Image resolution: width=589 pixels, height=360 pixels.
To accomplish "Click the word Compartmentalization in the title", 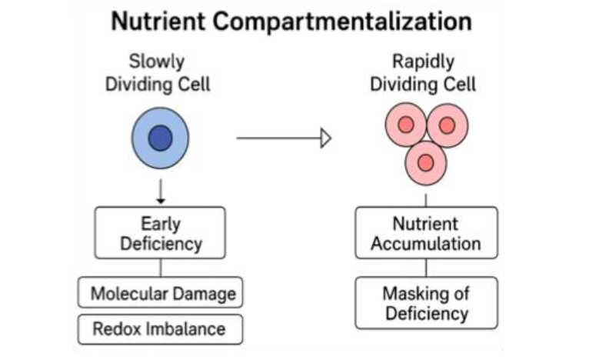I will point(342,21).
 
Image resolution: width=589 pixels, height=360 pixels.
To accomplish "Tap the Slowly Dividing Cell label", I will point(158,73).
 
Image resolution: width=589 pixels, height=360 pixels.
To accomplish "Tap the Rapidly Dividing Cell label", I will point(423,73).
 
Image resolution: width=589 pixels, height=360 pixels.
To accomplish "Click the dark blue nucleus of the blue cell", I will point(160,138).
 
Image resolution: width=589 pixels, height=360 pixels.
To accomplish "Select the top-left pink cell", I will point(405,125).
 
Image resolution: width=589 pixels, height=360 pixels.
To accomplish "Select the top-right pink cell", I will point(448,125).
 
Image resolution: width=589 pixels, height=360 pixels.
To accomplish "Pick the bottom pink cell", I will point(426,162).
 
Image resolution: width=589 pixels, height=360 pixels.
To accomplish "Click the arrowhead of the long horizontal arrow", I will point(325,138).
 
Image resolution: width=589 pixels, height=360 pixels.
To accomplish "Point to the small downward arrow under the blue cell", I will point(160,190).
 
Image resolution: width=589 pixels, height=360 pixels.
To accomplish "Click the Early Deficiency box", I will point(160,233).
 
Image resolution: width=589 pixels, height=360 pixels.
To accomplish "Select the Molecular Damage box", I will point(160,293).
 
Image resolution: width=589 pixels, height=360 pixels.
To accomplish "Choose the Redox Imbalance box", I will point(160,328).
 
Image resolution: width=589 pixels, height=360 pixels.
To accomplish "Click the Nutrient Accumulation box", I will point(425,233).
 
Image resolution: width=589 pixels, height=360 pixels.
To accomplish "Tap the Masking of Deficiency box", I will point(425,302).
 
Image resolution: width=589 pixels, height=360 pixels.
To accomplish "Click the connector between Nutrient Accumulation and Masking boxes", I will point(425,267).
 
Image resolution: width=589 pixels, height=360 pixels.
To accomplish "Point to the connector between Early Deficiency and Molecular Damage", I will point(160,268).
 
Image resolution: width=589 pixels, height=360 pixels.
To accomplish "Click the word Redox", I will point(116,328).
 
